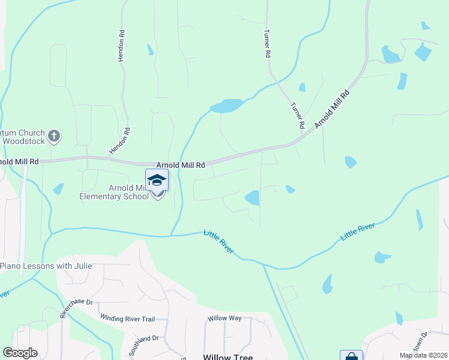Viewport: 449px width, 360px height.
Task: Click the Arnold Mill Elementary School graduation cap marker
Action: pyautogui.click(x=157, y=181)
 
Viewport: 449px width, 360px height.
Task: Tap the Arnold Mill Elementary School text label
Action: pyautogui.click(x=114, y=192)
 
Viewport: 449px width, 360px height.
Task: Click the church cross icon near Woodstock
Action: pyautogui.click(x=54, y=136)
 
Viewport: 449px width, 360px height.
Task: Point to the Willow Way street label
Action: pyautogui.click(x=224, y=318)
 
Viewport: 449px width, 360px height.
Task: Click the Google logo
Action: pyautogui.click(x=20, y=353)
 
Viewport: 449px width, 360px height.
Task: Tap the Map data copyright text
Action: pyautogui.click(x=423, y=355)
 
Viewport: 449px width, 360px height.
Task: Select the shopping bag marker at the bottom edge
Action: pyautogui.click(x=351, y=355)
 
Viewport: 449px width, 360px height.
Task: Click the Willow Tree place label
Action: pyautogui.click(x=228, y=357)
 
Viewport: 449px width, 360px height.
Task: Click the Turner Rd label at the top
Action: pyautogui.click(x=267, y=44)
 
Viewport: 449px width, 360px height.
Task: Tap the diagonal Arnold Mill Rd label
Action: pyautogui.click(x=332, y=107)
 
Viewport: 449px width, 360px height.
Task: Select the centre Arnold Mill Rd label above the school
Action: pyautogui.click(x=181, y=164)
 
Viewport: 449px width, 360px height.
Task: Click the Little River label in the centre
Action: pyautogui.click(x=218, y=242)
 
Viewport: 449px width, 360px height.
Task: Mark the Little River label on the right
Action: pyautogui.click(x=358, y=232)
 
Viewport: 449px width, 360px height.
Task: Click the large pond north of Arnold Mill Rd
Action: pyautogui.click(x=227, y=106)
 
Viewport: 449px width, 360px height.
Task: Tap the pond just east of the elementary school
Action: pyautogui.click(x=253, y=197)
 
